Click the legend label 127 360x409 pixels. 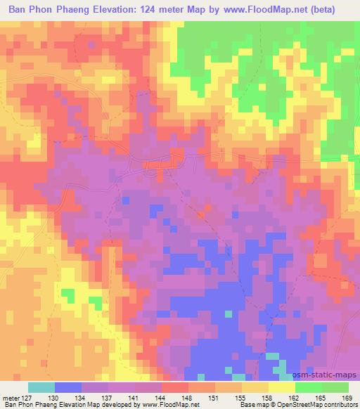click(x=27, y=398)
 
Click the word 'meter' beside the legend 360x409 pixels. click(x=11, y=398)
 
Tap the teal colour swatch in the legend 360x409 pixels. click(x=41, y=387)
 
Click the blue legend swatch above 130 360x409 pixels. click(x=68, y=387)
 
